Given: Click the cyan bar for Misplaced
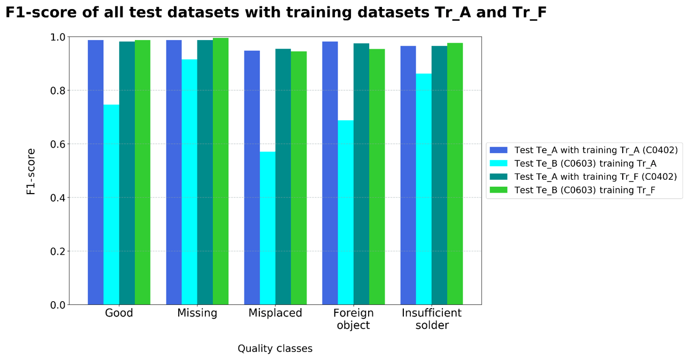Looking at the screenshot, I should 267,228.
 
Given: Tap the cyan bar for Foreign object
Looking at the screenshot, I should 346,212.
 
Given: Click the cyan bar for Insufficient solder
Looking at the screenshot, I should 424,189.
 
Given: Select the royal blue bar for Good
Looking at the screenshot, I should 96,172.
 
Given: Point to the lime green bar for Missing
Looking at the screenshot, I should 220,171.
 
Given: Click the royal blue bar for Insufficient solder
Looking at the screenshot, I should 408,175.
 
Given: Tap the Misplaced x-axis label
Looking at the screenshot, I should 275,313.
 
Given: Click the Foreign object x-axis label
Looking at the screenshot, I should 353,319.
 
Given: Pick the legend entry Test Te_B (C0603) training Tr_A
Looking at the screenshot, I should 585,163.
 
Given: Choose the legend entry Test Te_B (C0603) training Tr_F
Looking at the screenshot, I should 585,190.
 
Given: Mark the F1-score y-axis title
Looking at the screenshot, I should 31,171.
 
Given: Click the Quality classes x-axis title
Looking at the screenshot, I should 275,349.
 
